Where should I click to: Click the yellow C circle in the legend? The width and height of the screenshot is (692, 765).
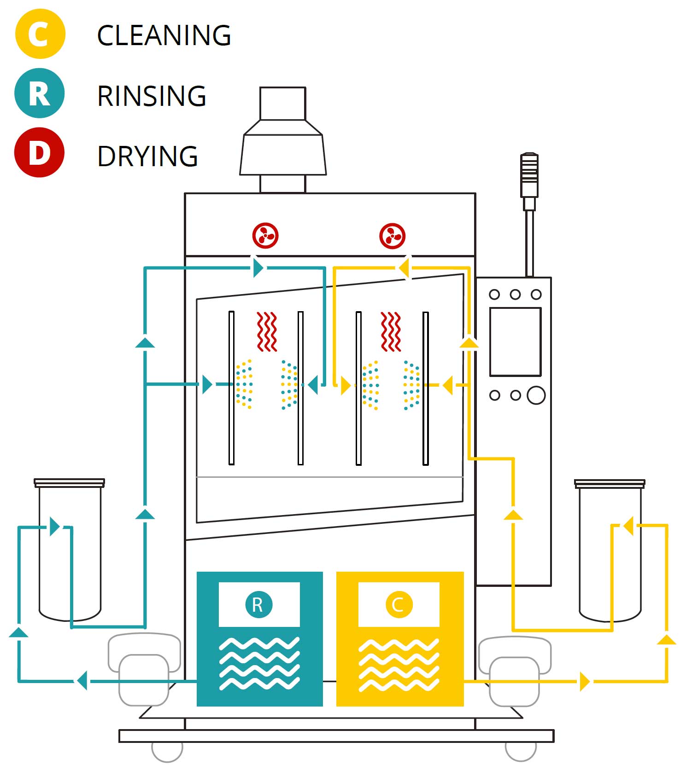pos(40,34)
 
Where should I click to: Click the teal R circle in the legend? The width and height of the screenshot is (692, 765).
pos(39,93)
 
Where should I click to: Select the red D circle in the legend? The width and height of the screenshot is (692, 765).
pos(39,152)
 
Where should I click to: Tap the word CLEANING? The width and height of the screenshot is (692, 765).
pos(164,35)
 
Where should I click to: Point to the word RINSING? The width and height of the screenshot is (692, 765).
pos(152,96)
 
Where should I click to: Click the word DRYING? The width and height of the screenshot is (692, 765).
pos(147,156)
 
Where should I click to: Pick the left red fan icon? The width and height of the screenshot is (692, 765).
pos(265,236)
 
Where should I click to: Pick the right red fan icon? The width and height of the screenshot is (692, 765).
pos(392,236)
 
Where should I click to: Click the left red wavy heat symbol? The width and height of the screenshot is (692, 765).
pos(267,331)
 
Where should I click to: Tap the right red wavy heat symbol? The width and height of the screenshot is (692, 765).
pos(391,331)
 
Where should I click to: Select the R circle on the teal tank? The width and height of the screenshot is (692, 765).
pos(259,604)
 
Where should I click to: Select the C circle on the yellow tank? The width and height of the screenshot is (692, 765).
pos(399,604)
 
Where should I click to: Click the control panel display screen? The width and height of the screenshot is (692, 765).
pos(515,342)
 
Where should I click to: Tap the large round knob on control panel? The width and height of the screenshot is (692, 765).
pos(536,395)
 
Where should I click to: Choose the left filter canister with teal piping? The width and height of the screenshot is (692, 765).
pos(70,550)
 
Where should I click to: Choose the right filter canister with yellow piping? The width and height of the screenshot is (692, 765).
pos(609,550)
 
